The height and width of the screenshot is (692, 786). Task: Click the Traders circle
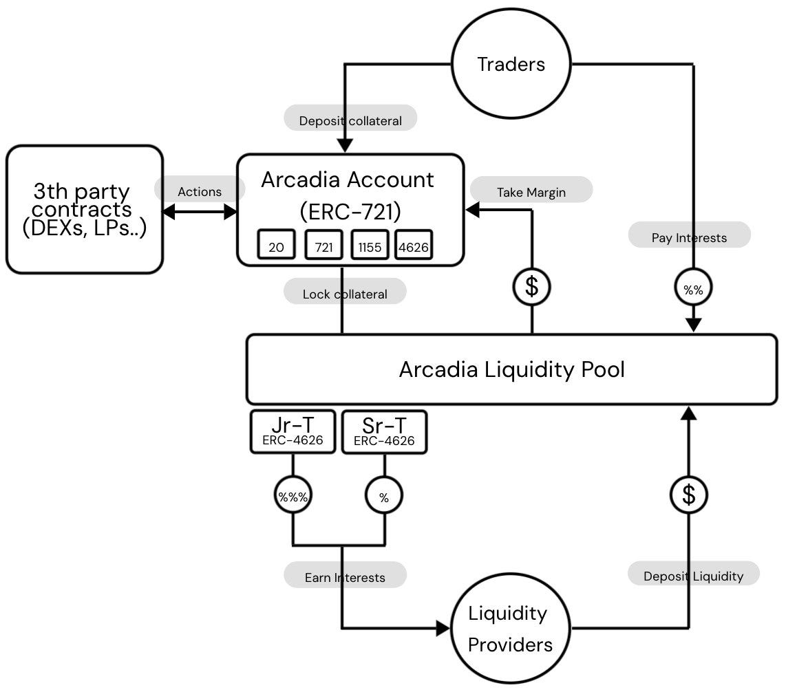click(x=511, y=64)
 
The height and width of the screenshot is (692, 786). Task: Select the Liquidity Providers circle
click(x=511, y=629)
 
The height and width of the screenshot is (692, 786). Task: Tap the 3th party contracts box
click(x=85, y=209)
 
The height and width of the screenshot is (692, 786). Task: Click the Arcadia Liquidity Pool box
click(x=511, y=369)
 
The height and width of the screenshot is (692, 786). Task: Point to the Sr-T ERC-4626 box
click(x=384, y=432)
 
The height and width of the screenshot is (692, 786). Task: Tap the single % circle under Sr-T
click(x=384, y=497)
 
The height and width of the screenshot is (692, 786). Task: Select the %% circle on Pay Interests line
click(x=693, y=290)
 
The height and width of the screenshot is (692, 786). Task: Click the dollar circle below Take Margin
click(x=531, y=286)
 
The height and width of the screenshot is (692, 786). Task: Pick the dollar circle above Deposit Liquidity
click(x=689, y=495)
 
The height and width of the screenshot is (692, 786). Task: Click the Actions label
click(x=200, y=192)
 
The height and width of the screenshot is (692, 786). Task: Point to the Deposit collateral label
click(x=350, y=120)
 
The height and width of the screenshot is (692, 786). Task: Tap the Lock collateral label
click(x=345, y=294)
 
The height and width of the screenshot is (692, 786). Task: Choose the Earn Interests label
click(x=345, y=577)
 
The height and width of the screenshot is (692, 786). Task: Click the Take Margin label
click(x=531, y=192)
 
